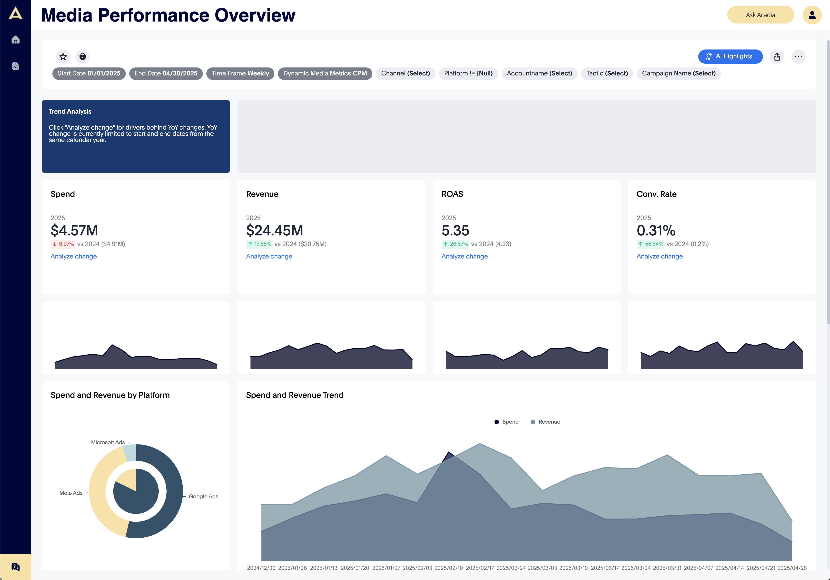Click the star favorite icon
coord(63,57)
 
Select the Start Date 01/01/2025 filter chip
coord(89,73)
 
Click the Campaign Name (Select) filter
coord(678,73)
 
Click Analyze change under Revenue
coord(269,256)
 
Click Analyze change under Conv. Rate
coord(659,256)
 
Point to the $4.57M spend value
coord(74,230)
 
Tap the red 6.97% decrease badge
coord(63,244)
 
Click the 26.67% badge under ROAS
coord(455,244)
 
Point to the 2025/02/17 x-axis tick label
coord(479,568)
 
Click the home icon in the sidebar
coord(16,40)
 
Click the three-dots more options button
coord(798,57)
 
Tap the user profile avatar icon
coord(812,15)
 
